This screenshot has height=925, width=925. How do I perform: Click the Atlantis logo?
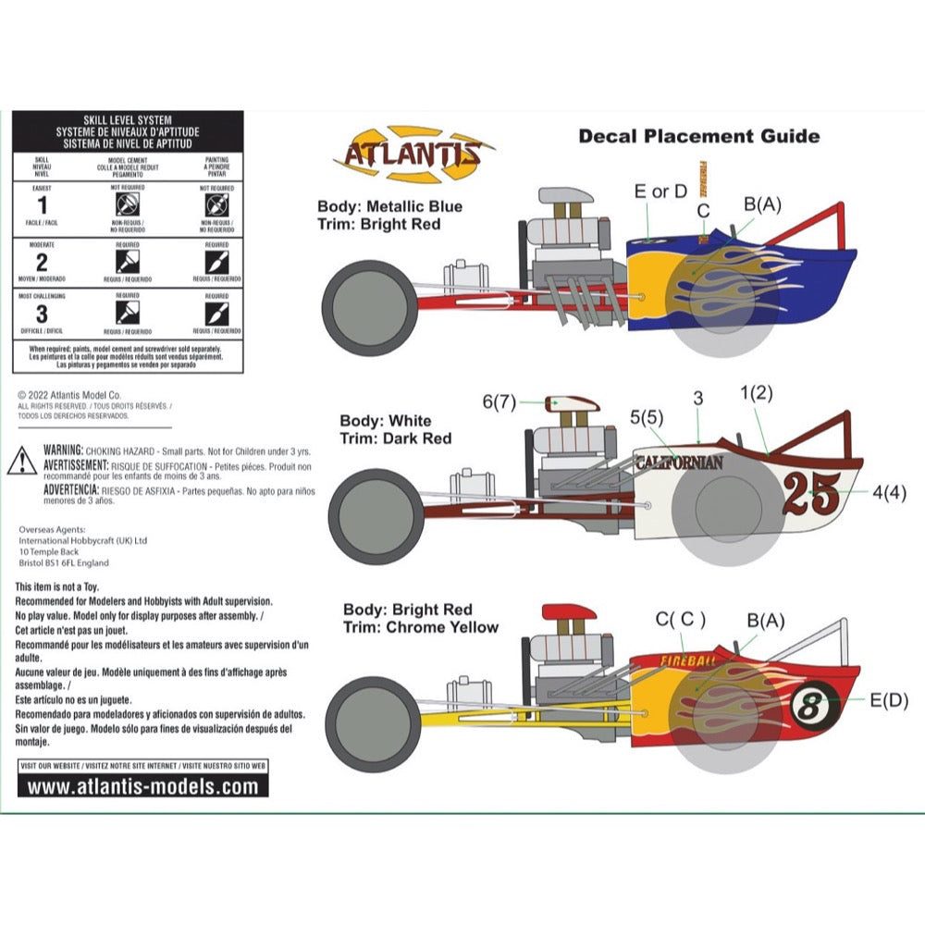tap(413, 154)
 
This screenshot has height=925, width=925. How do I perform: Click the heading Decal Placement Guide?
tap(698, 136)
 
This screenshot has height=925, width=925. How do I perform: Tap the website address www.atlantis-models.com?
tap(143, 787)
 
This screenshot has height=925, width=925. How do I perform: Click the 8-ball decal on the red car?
tap(814, 708)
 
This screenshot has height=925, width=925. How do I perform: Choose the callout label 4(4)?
tap(889, 493)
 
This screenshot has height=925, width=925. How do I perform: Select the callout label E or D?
tap(660, 191)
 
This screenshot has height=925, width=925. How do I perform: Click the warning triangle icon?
tap(22, 460)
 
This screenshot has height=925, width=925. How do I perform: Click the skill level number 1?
tap(42, 205)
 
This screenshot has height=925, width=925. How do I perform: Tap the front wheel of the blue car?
tap(371, 309)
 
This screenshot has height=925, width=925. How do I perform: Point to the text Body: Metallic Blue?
tap(389, 206)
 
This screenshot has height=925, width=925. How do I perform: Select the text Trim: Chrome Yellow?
tap(420, 627)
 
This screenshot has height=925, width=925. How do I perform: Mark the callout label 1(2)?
tap(757, 392)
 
